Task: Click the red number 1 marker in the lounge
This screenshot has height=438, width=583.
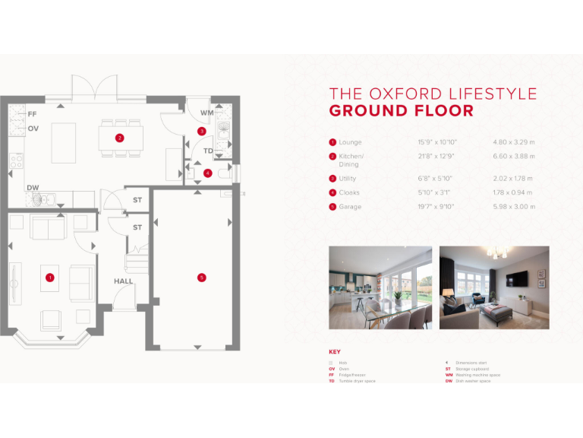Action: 49,278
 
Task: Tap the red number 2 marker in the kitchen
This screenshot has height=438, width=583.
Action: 119,138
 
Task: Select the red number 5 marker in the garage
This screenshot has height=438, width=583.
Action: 201,278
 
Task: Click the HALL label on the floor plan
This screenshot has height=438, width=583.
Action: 123,281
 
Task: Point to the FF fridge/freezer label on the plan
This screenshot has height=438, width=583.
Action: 32,114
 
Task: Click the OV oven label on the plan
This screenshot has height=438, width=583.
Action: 33,129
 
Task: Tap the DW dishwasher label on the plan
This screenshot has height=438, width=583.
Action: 33,187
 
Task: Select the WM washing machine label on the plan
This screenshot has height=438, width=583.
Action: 206,113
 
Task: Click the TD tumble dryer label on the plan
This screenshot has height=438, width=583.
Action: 208,151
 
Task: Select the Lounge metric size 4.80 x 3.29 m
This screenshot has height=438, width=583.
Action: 514,142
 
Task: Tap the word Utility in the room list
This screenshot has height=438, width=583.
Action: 349,179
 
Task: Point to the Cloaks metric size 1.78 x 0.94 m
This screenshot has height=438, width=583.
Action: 512,193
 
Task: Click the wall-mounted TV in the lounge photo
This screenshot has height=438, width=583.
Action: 518,278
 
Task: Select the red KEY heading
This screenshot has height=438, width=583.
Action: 335,352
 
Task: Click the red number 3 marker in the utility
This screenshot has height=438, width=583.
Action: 201,132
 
